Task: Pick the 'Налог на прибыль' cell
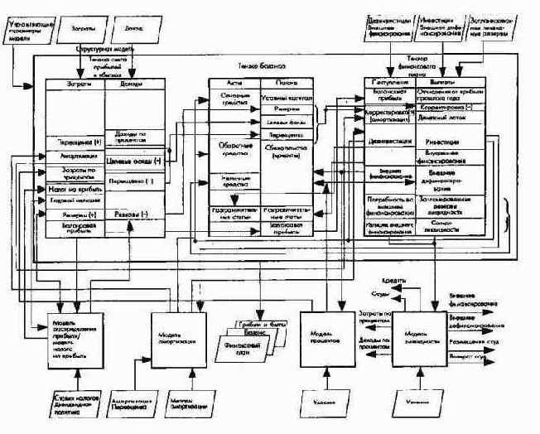(x=74, y=188)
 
